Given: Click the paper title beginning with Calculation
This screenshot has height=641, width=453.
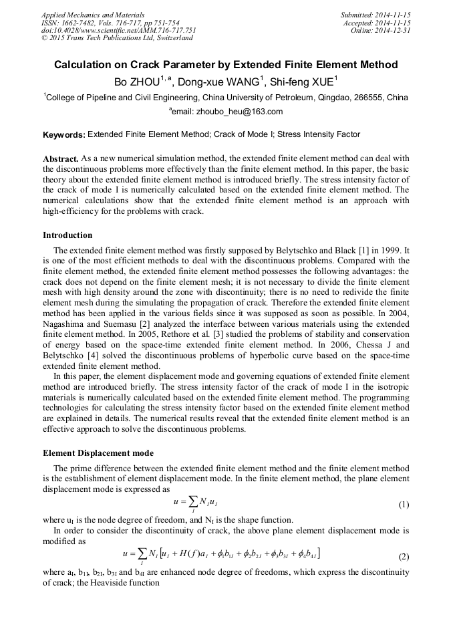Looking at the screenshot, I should (x=226, y=65).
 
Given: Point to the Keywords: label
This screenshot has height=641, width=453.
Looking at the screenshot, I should (x=63, y=135).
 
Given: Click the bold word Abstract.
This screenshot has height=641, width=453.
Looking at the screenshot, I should (x=60, y=159).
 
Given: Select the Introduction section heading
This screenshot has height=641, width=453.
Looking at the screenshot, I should (x=67, y=235).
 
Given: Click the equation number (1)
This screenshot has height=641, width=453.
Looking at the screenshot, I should (x=404, y=505).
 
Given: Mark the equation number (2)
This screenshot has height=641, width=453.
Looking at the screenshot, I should (x=404, y=556).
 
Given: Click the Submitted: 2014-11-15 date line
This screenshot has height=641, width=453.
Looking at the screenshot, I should (x=375, y=14).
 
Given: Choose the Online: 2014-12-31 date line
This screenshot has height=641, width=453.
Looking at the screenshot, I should (x=380, y=30).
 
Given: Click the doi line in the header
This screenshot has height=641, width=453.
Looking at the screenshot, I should (x=118, y=30).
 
